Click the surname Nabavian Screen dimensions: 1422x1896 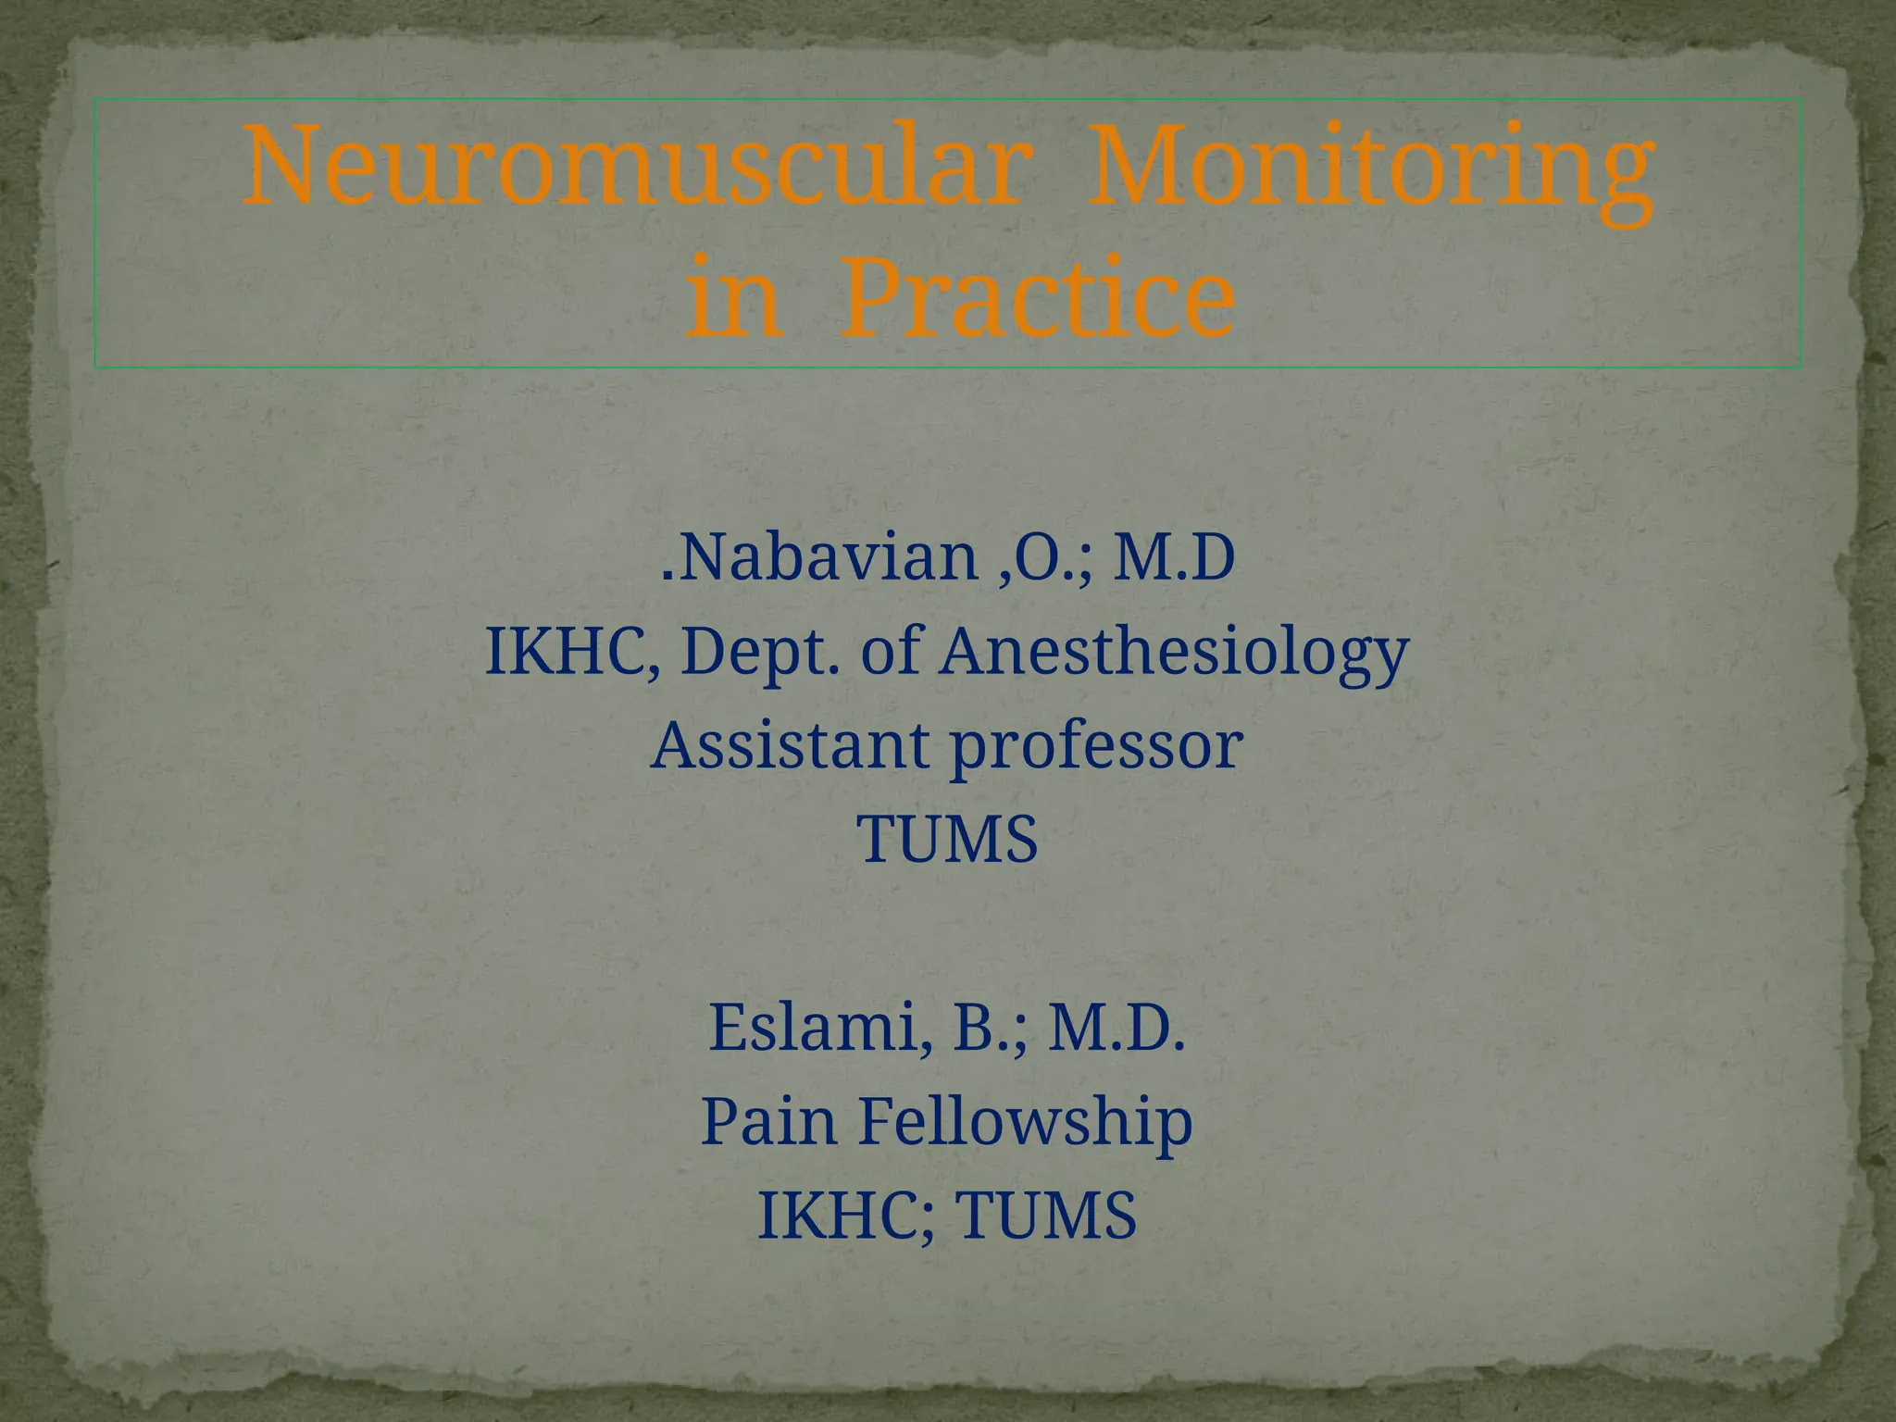click(x=829, y=558)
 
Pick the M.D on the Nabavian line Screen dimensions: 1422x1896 click(x=1173, y=558)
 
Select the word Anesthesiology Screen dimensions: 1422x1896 click(x=1174, y=653)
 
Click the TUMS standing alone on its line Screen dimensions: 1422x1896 click(x=948, y=840)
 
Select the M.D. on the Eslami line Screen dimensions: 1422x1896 click(x=1116, y=1028)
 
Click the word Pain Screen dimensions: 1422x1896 click(x=770, y=1121)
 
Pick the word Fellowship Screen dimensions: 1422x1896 click(x=1026, y=1121)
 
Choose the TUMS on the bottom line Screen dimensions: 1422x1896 click(x=1046, y=1216)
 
